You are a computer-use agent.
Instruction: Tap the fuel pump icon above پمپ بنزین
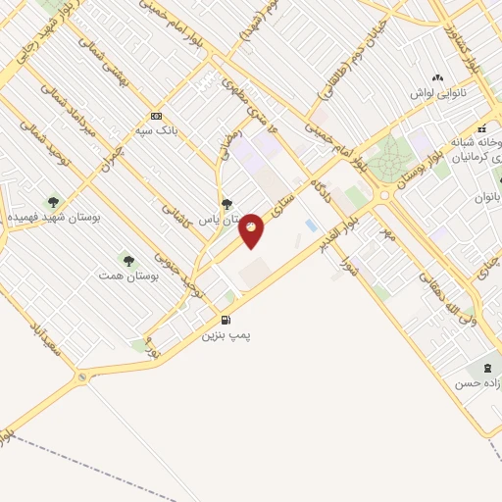coord(226,320)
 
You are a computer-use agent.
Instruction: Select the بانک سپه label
coord(157,128)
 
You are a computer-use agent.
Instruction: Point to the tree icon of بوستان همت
coord(128,261)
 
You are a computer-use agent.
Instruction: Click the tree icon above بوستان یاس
coord(227,204)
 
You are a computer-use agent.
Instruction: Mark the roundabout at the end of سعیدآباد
coord(81,376)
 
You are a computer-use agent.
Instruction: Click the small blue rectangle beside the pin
coord(311,226)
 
